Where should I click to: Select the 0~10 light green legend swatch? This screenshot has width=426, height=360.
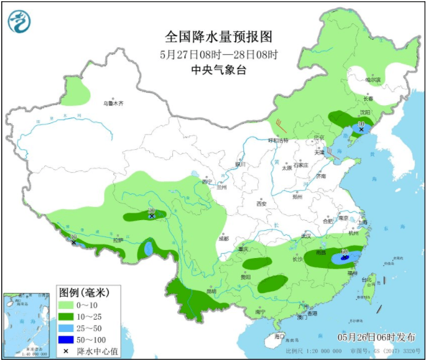pos(66,305)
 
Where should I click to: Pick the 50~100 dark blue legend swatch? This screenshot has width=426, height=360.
pos(66,339)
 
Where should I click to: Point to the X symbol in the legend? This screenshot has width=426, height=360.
pos(65,351)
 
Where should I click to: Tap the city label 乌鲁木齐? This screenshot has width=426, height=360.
pos(113,103)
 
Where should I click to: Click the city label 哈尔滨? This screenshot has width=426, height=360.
pos(373,80)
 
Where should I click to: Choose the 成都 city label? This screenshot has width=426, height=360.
pos(223,239)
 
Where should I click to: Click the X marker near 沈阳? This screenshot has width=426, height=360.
pos(361,129)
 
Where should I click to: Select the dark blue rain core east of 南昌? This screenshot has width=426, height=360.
pos(343,256)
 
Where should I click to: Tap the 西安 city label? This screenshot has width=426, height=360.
pos(261,203)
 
